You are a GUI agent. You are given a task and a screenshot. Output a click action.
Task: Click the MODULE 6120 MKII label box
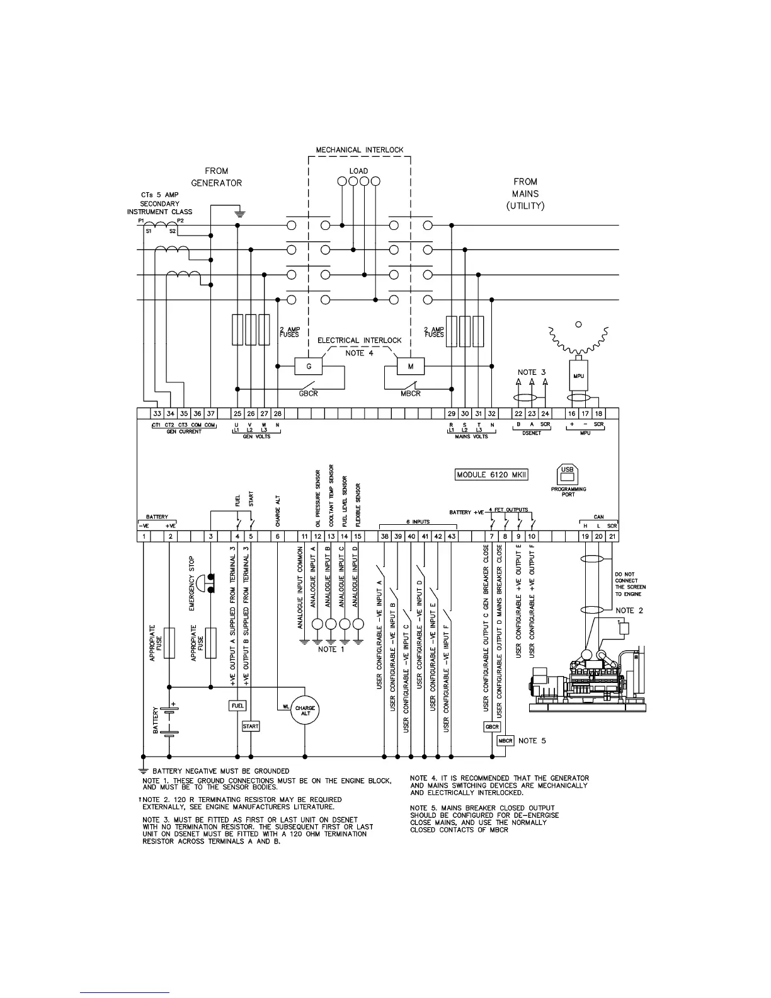click(x=491, y=474)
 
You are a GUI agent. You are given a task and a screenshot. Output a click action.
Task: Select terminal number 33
click(x=157, y=414)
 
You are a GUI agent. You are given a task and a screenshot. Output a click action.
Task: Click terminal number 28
click(x=278, y=414)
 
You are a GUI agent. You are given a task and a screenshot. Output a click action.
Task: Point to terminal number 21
click(x=612, y=536)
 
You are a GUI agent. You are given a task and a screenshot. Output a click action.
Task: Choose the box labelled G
click(x=309, y=366)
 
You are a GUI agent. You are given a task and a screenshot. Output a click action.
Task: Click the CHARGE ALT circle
click(x=305, y=710)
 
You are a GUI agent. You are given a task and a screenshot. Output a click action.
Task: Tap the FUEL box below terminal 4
click(x=237, y=706)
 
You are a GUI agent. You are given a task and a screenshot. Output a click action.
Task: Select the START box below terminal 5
click(x=251, y=726)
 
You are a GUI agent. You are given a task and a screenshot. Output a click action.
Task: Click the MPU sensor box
click(x=578, y=376)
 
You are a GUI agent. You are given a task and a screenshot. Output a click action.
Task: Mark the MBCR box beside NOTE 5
click(x=506, y=741)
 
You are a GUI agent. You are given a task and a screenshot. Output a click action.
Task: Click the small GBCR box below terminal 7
click(x=492, y=726)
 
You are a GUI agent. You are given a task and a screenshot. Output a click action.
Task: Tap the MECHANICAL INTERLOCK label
click(x=359, y=150)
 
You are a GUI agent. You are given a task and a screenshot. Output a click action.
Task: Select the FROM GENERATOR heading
click(x=217, y=177)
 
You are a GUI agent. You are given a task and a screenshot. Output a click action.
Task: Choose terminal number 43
click(x=452, y=536)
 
